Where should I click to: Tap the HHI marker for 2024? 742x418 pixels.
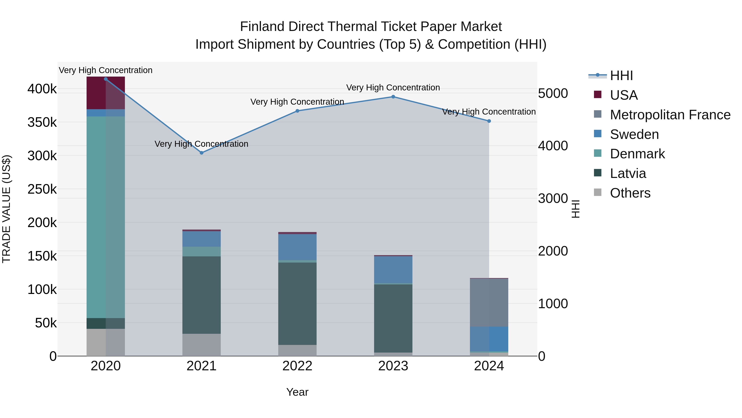tap(489, 121)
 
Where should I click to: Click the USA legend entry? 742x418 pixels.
tap(624, 95)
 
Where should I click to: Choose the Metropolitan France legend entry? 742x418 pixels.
tap(670, 115)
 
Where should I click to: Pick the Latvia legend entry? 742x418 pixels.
tap(628, 173)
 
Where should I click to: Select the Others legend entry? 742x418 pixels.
tap(630, 193)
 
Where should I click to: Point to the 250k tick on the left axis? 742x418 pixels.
tap(42, 189)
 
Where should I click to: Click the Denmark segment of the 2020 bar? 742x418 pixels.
tap(106, 216)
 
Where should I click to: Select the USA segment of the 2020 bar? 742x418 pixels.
tap(106, 93)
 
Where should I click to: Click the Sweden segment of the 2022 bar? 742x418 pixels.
tap(297, 247)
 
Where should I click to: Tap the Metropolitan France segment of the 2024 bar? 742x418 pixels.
tap(489, 302)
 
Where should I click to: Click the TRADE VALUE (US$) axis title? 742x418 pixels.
tap(6, 209)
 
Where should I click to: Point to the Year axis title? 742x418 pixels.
tap(297, 392)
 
